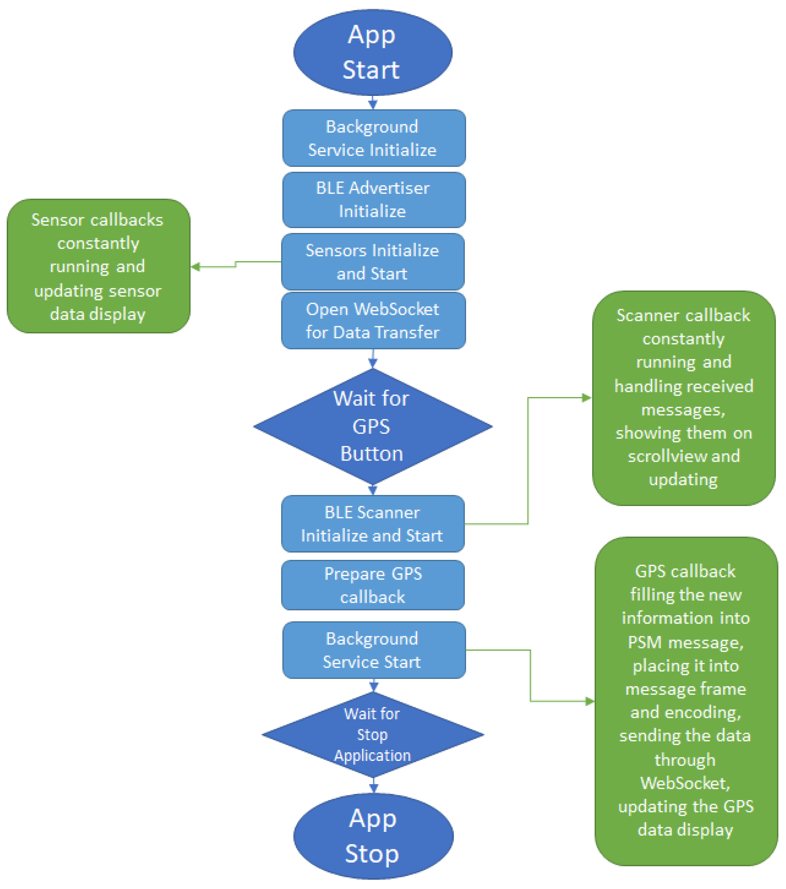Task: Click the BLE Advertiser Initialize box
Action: [x=374, y=200]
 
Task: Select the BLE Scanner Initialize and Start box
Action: [x=373, y=524]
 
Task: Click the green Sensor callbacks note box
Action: [x=98, y=266]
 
